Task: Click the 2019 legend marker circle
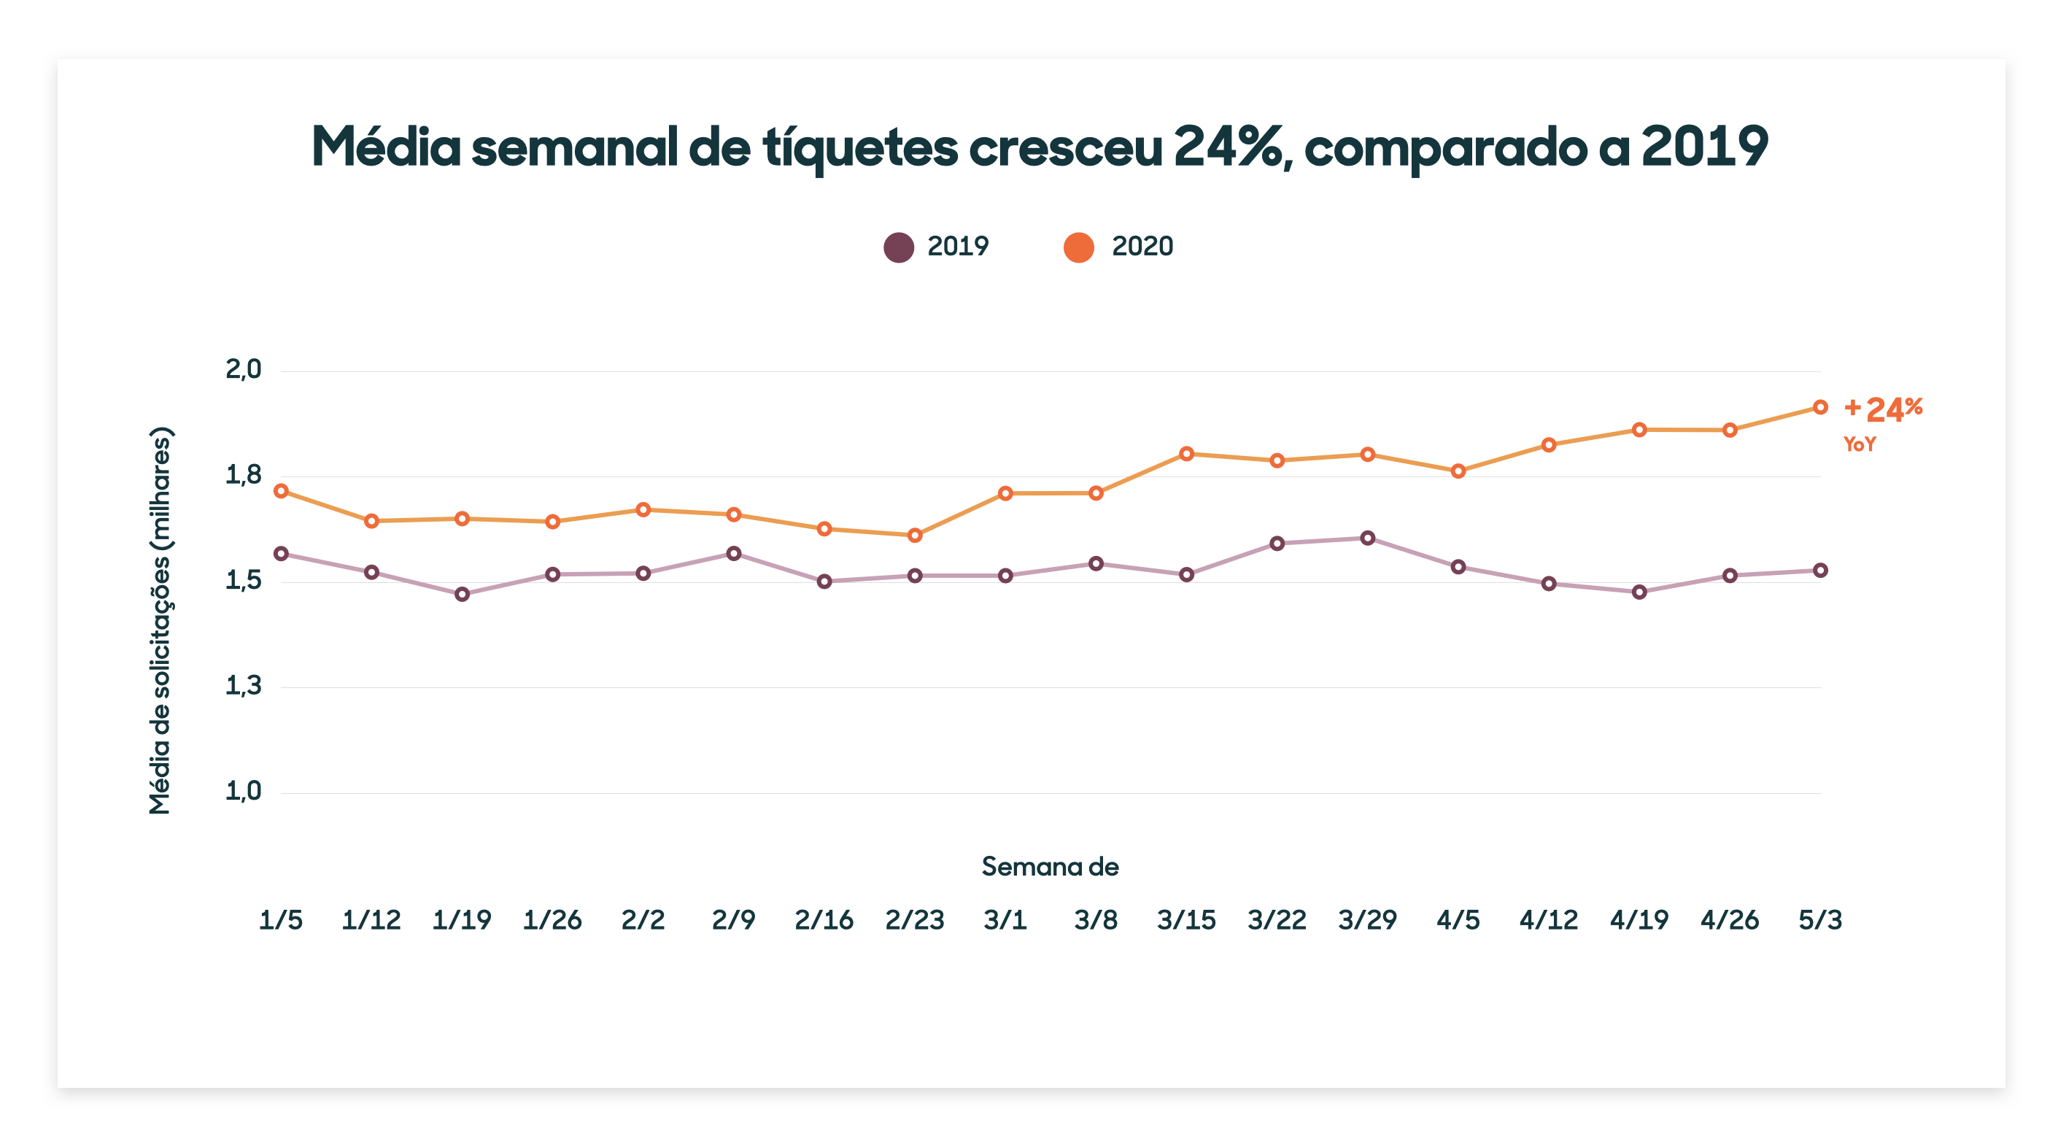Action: (898, 247)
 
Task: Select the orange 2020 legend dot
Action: (1079, 247)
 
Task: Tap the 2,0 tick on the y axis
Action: (243, 370)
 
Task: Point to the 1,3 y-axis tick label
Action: (243, 686)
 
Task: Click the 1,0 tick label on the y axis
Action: (243, 792)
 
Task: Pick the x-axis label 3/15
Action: (1186, 919)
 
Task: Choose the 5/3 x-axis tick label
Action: (1819, 919)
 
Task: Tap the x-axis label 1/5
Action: (281, 919)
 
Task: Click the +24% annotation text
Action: (1883, 409)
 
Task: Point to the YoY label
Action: (1859, 444)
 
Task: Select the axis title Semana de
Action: (1050, 866)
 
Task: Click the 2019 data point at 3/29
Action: (1367, 538)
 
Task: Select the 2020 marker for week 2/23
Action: (914, 535)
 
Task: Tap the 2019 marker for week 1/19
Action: (462, 595)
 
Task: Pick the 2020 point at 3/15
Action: (1186, 454)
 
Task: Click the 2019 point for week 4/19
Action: (1639, 592)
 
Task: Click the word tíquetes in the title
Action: (860, 149)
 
